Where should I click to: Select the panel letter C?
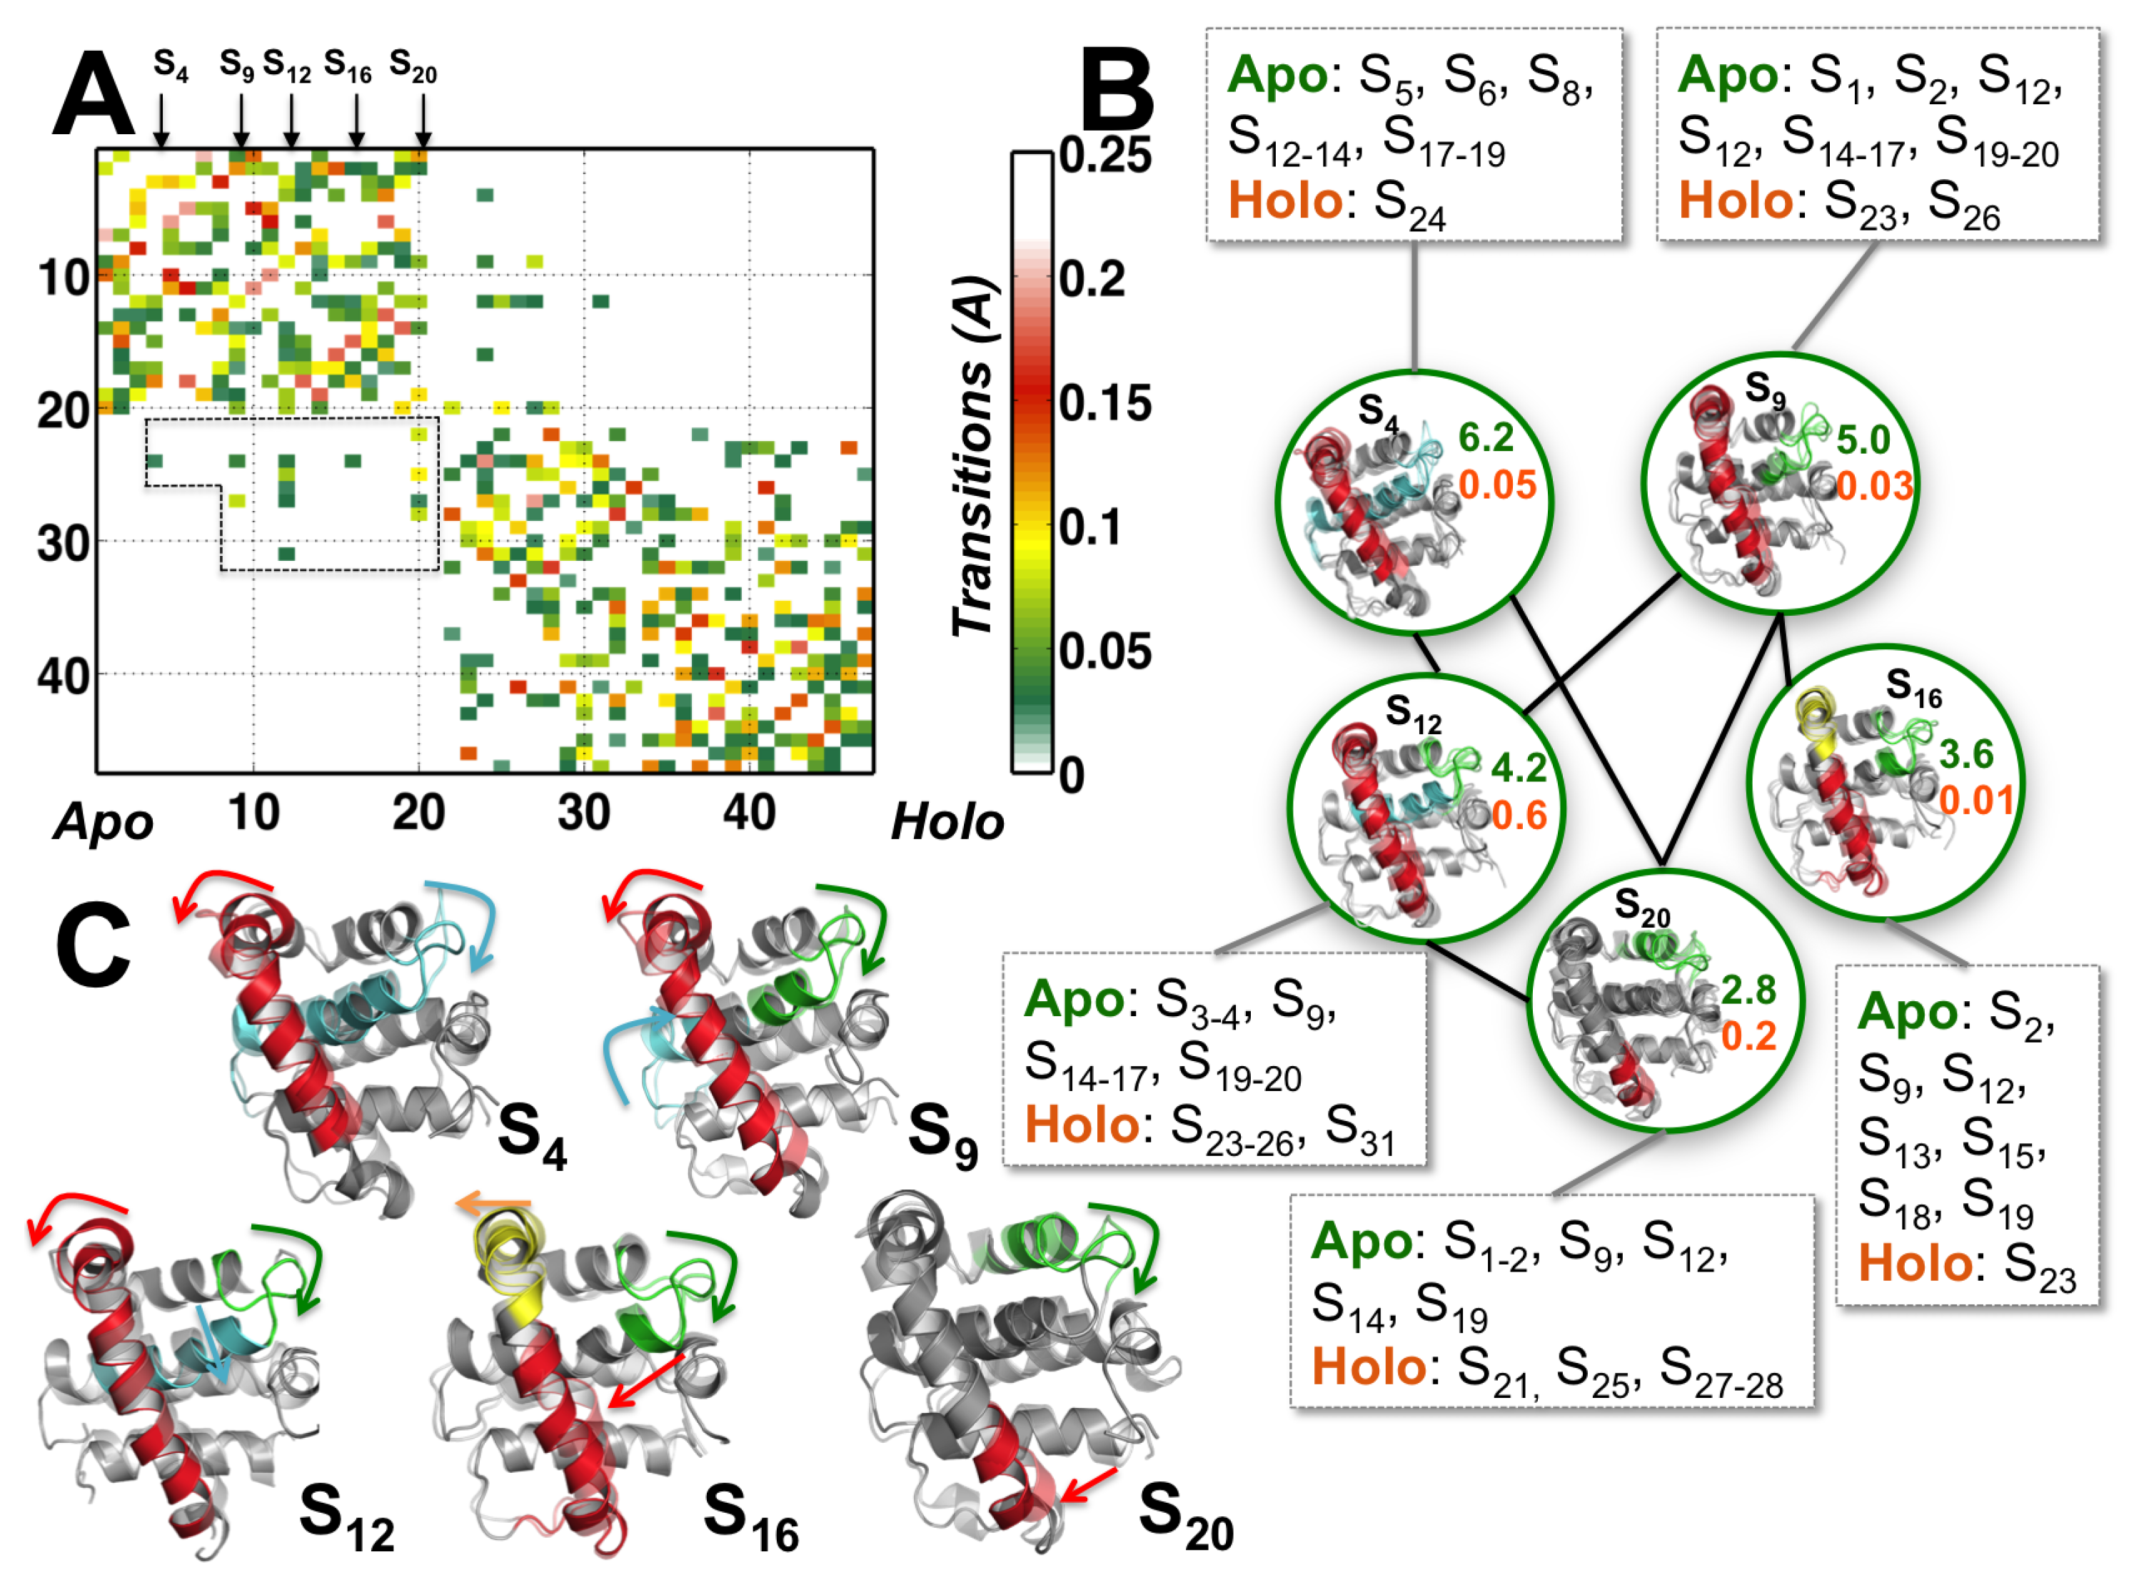(x=93, y=946)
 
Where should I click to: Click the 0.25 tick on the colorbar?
(x=1104, y=155)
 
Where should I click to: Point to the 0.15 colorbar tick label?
(x=1104, y=403)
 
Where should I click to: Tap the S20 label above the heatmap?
(x=413, y=67)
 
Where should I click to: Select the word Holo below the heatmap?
(x=947, y=821)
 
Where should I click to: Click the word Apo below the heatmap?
(x=104, y=821)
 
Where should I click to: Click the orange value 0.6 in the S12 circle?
(x=1519, y=815)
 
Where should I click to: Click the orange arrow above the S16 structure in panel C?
(x=493, y=1203)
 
